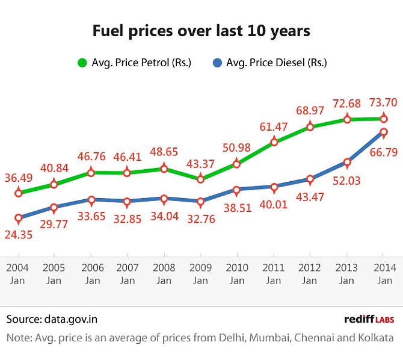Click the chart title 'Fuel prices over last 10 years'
(201, 31)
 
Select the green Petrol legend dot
(82, 62)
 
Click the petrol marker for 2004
(19, 193)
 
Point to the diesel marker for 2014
(384, 132)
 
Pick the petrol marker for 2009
(200, 179)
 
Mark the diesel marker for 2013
(347, 162)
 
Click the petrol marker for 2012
(310, 127)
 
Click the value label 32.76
(201, 217)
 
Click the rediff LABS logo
(368, 319)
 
